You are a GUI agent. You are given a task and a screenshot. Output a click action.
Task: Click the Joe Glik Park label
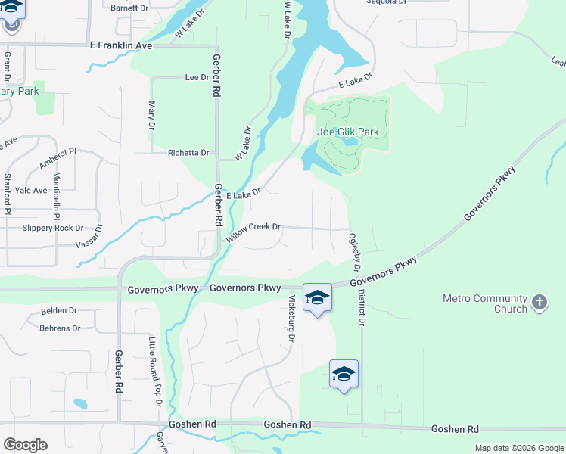click(347, 132)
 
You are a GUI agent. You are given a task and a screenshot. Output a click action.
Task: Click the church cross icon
click(539, 303)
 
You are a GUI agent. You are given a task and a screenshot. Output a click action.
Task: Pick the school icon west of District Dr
click(344, 374)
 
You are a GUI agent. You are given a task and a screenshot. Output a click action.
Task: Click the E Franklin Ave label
click(120, 46)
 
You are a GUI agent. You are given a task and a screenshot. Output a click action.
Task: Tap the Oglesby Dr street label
click(353, 253)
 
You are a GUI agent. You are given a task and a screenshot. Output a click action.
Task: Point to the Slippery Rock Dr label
click(53, 228)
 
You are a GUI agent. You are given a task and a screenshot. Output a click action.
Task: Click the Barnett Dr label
click(129, 8)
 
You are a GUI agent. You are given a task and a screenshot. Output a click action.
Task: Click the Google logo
click(25, 445)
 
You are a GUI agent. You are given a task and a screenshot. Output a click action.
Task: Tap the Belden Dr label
click(59, 311)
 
